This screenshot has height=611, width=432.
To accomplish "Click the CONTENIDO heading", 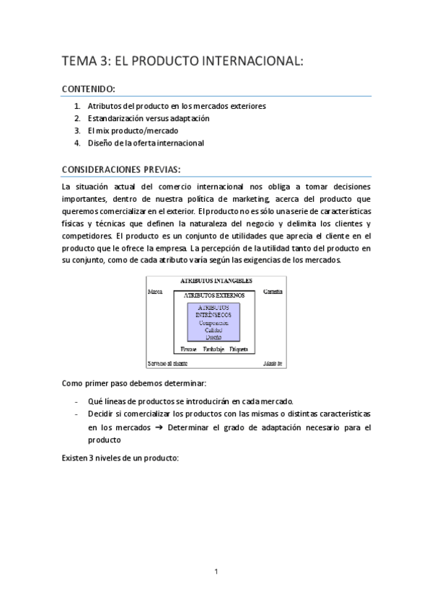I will [x=89, y=89].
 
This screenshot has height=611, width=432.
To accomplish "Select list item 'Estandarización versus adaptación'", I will [x=149, y=118].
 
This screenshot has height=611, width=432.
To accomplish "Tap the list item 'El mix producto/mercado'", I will [x=130, y=130].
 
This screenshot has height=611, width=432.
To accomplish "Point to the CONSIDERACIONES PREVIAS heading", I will [x=121, y=170].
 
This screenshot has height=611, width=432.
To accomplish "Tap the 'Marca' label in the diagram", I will [x=154, y=292].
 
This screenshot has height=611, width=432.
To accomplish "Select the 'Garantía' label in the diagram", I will [x=273, y=292].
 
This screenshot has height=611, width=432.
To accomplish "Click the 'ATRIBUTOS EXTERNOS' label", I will [x=214, y=295].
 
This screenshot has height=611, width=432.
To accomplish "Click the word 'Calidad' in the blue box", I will [x=213, y=330].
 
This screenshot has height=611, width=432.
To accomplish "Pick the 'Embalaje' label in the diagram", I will [x=213, y=349].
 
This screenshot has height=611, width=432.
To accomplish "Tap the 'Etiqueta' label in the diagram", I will [x=239, y=349].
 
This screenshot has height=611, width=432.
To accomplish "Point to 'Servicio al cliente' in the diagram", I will [x=167, y=362].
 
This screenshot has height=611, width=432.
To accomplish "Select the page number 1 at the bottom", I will [x=216, y=571].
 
